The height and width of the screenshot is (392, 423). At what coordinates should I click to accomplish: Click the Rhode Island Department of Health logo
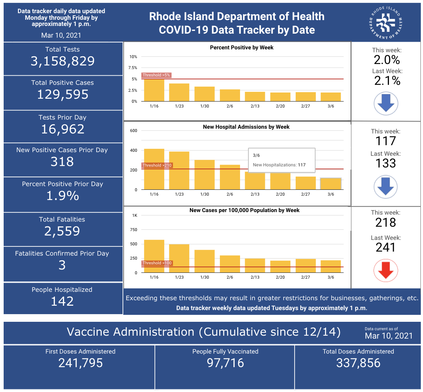[386, 23]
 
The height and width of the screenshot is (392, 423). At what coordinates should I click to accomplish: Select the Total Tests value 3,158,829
[63, 61]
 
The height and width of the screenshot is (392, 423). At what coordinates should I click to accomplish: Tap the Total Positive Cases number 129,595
[63, 95]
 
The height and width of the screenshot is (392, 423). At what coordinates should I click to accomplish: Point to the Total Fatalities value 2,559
[62, 231]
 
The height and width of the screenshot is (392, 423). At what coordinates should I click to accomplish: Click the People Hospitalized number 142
[62, 301]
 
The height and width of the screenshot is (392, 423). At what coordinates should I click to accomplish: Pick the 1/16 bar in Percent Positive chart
[154, 90]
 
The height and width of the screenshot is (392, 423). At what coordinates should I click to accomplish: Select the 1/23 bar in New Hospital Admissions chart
[179, 170]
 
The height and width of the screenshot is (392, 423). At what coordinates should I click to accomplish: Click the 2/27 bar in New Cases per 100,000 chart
[306, 265]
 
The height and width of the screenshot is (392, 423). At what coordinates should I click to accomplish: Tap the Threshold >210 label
[157, 165]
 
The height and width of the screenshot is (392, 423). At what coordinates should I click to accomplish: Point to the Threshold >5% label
[156, 75]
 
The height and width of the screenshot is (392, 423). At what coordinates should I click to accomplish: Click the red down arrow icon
[386, 270]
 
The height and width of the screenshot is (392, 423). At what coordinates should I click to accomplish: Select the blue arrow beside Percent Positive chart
[386, 103]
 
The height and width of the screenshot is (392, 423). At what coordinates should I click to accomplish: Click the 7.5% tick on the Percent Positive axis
[132, 68]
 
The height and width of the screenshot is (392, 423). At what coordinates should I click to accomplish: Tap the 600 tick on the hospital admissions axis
[134, 131]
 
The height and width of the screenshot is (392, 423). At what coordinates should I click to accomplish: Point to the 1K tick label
[135, 215]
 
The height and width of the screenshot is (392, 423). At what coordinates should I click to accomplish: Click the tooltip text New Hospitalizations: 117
[279, 165]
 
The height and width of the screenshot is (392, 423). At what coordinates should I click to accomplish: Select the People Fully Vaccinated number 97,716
[225, 363]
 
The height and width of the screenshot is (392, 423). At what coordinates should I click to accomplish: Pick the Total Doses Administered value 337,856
[358, 363]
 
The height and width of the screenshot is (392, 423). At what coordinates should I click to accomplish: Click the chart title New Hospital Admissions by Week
[246, 127]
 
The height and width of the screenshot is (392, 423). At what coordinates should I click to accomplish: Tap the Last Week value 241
[386, 248]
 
